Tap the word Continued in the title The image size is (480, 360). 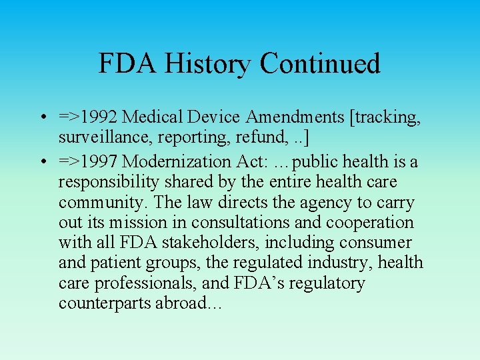[x=320, y=63]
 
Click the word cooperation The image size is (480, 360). [x=369, y=222]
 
